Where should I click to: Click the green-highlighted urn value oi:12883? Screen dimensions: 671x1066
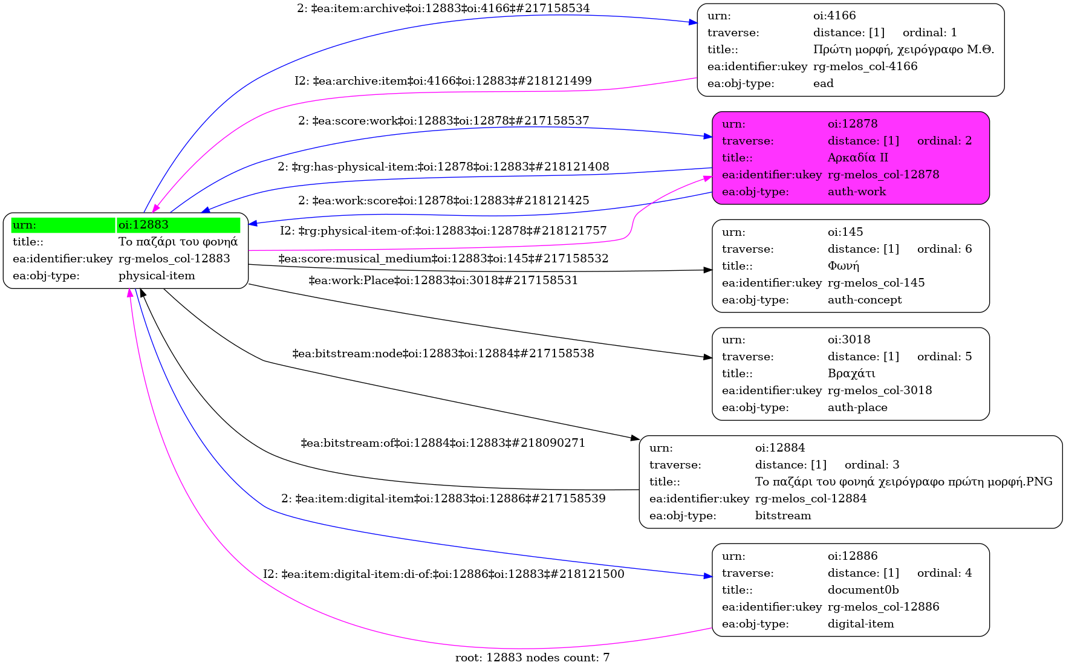pos(143,225)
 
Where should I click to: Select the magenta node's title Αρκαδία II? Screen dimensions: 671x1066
pos(857,158)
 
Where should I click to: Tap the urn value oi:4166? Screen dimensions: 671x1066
pos(834,16)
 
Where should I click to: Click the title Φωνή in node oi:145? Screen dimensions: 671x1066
pos(843,266)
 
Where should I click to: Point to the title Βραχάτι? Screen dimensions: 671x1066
pos(851,374)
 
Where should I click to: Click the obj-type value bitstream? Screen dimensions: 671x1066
pos(783,516)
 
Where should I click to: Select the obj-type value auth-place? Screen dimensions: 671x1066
pos(857,407)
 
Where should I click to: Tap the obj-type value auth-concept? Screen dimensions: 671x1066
pos(864,300)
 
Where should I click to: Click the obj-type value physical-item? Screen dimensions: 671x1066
pos(157,276)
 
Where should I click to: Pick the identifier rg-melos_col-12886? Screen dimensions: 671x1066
pos(883,607)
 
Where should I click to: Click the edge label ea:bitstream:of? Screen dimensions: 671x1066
pos(443,443)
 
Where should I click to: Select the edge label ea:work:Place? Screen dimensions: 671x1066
pos(443,280)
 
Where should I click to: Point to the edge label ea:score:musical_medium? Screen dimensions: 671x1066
pos(443,259)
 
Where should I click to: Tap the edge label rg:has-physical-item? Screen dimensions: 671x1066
pos(443,167)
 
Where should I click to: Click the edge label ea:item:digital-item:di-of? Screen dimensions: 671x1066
pos(443,574)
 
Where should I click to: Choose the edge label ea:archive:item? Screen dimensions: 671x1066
pos(443,81)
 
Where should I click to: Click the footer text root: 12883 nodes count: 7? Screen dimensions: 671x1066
pos(532,658)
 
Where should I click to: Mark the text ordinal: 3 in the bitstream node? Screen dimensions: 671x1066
pos(871,465)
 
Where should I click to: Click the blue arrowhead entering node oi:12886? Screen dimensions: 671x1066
pos(708,577)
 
